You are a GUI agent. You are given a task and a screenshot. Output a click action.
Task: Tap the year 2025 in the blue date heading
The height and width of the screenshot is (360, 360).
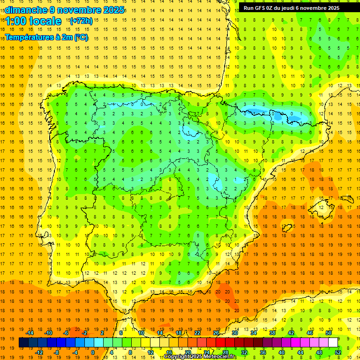click(114, 10)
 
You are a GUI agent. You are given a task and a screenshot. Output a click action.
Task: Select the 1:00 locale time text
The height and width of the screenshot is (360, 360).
click(33, 21)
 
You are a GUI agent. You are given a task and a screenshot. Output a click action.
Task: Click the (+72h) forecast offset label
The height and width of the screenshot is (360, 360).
click(81, 21)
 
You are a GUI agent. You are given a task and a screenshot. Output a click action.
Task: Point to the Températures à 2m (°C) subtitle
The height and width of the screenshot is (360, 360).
click(46, 37)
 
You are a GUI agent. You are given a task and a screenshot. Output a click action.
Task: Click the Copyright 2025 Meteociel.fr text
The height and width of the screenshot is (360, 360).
click(200, 357)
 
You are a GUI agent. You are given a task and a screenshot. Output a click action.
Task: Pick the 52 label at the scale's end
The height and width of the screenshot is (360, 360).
click(338, 352)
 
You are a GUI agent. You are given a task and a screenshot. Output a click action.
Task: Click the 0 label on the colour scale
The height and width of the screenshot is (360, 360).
click(92, 352)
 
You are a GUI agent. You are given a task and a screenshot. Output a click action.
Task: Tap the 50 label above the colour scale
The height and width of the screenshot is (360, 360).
click(329, 333)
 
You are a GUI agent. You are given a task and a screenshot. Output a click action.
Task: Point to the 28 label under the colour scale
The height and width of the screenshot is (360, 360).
click(225, 352)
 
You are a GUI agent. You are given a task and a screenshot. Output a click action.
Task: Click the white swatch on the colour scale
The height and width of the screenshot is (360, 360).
click(333, 343)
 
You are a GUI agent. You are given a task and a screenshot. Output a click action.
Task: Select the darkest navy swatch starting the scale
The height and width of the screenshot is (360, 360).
click(23, 343)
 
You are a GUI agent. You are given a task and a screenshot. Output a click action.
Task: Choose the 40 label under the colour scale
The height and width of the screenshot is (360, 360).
click(281, 352)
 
